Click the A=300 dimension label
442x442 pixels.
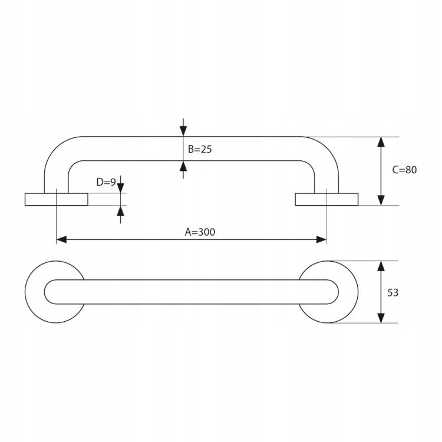[x=200, y=232]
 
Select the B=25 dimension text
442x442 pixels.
[x=200, y=149]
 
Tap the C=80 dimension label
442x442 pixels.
[x=404, y=170]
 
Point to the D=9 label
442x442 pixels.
[x=106, y=182]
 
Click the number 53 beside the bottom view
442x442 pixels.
[x=392, y=292]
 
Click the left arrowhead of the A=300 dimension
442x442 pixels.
[x=61, y=240]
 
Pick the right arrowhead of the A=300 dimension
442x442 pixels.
[x=321, y=240]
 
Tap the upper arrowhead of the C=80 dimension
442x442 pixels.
[x=381, y=142]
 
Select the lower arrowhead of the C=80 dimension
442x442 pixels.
[x=381, y=200]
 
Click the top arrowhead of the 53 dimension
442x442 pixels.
[x=381, y=266]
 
